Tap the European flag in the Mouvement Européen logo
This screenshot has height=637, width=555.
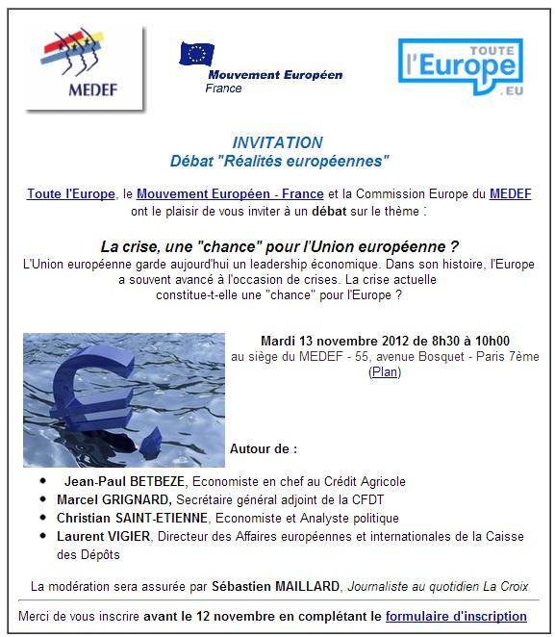pos(197,54)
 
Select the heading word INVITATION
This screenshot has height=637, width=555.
pos(277,142)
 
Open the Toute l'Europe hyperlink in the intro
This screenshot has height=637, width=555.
pos(66,193)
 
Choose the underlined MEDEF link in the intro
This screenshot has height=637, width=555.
pos(510,193)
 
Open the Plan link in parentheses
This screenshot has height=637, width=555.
pos(385,371)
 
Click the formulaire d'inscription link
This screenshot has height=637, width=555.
pos(456,616)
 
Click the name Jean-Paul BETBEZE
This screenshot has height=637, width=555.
pos(126,481)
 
